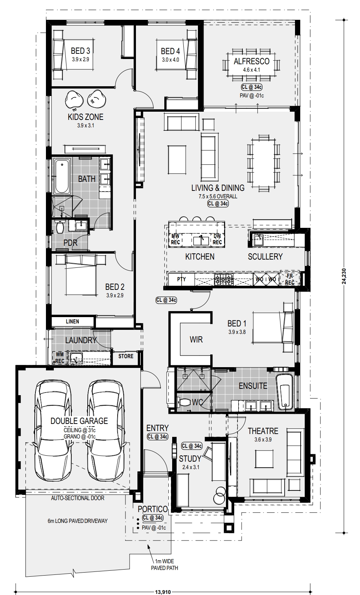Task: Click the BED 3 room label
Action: pyautogui.click(x=80, y=50)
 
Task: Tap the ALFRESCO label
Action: pyautogui.click(x=251, y=61)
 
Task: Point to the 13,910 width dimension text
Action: pyautogui.click(x=163, y=592)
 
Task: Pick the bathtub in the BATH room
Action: pyautogui.click(x=62, y=176)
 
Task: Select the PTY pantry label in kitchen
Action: pyautogui.click(x=181, y=279)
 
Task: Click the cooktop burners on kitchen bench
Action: pyautogui.click(x=224, y=279)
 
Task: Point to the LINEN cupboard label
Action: pyautogui.click(x=72, y=322)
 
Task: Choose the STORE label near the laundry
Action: pyautogui.click(x=126, y=356)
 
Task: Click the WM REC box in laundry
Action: pyautogui.click(x=60, y=358)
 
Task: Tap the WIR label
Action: pyautogui.click(x=196, y=340)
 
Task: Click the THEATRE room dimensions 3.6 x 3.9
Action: pyautogui.click(x=263, y=439)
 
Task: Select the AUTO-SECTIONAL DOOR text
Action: pyautogui.click(x=78, y=498)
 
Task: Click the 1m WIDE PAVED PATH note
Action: pyautogui.click(x=165, y=565)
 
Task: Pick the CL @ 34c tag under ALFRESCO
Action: pyautogui.click(x=252, y=87)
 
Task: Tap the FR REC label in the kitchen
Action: pyautogui.click(x=289, y=279)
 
